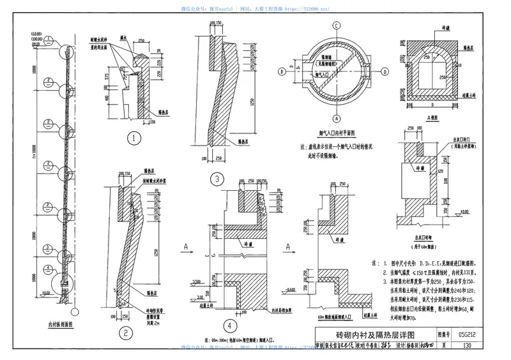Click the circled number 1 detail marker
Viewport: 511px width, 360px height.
[x=133, y=138]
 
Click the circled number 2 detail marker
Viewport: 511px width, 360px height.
[x=126, y=332]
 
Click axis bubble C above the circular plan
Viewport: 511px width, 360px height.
[x=335, y=26]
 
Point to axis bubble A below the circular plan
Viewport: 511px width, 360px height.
[x=335, y=118]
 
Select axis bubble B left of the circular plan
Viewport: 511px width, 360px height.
[x=281, y=71]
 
